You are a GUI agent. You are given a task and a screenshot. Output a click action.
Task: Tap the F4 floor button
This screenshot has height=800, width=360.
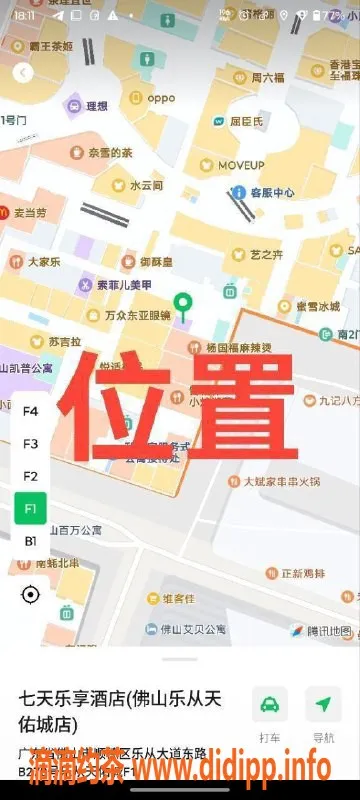(x=30, y=411)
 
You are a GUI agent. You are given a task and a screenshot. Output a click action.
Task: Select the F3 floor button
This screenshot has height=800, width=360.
(x=30, y=443)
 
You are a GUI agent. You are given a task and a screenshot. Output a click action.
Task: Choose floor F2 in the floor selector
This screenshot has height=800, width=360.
(x=30, y=476)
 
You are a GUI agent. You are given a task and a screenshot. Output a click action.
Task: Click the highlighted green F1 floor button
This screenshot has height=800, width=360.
(x=30, y=508)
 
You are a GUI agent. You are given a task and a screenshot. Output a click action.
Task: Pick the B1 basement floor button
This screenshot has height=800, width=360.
(x=30, y=541)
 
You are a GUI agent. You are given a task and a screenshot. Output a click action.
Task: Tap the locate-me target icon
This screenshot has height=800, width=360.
(x=30, y=595)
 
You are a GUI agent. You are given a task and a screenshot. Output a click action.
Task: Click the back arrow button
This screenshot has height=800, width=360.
(x=23, y=72)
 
